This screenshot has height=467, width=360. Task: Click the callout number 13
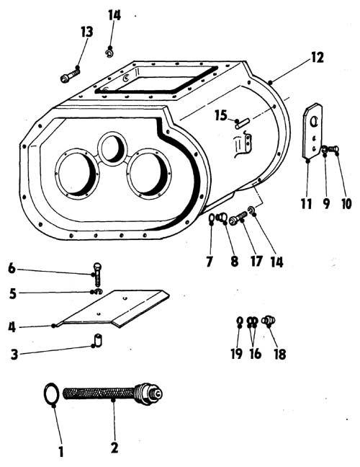pos(87,32)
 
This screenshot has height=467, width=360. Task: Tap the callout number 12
pos(317,58)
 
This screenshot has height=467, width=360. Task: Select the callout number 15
pos(221,115)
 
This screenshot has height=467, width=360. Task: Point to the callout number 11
pos(307,204)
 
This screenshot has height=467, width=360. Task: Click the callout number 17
pos(256,261)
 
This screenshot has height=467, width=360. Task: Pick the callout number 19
pos(237,354)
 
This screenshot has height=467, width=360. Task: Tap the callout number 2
pos(114,448)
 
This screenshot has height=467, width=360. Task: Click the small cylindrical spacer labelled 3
pos(98,340)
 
